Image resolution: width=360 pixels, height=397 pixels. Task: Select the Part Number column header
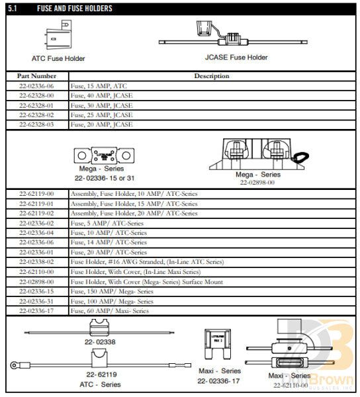click(36, 76)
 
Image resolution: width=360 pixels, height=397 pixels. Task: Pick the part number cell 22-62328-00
click(36, 95)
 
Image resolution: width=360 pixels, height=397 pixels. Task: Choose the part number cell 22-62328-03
click(36, 124)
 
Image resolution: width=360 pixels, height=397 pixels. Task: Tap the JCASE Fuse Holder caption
click(236, 58)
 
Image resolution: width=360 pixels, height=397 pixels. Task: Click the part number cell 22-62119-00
click(36, 194)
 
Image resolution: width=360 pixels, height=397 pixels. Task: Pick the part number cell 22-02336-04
click(36, 233)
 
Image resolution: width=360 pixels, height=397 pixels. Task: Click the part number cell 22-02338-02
click(36, 262)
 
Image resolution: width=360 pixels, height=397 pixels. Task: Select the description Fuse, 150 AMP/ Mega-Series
click(112, 291)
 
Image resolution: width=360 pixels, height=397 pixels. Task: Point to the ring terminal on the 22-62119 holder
click(15, 365)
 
